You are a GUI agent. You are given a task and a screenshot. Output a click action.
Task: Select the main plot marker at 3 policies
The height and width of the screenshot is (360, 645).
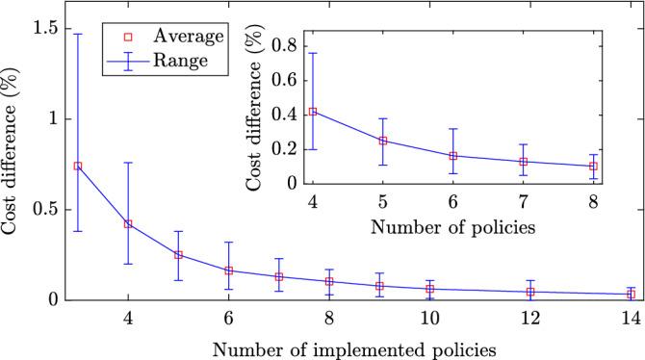[78, 166]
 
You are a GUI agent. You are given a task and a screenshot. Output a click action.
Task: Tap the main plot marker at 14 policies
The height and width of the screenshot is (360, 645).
[631, 294]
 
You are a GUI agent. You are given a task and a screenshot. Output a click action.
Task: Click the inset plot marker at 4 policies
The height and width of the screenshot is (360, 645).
[312, 112]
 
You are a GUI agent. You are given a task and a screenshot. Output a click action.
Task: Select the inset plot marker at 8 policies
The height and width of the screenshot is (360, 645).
[593, 166]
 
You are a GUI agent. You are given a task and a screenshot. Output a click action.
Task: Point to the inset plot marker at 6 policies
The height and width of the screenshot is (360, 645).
[452, 155]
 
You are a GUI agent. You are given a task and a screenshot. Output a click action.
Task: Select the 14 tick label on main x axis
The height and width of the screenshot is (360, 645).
[631, 319]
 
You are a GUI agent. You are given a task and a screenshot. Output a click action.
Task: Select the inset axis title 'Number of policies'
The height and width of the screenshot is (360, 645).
[452, 228]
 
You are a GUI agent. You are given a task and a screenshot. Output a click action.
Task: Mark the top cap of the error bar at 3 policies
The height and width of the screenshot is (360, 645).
[78, 34]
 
